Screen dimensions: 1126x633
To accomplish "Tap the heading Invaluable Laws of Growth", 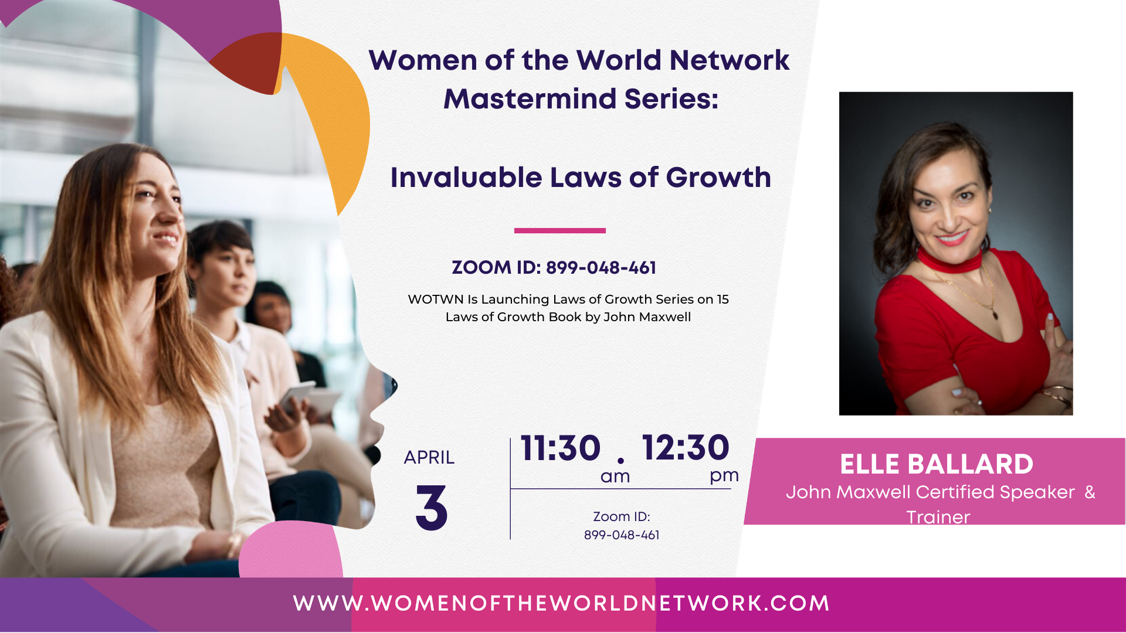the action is coord(581,178).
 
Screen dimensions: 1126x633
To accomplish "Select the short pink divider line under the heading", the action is coord(559,230).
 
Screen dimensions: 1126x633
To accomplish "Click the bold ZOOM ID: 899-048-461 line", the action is coord(554,268).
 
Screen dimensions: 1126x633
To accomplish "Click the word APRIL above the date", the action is coord(429,457).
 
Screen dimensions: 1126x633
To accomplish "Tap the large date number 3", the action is coord(432,508).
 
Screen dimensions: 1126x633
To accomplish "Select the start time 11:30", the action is coord(560,448).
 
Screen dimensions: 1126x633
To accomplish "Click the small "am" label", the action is coord(615,477).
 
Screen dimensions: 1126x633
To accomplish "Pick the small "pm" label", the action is coord(724,476).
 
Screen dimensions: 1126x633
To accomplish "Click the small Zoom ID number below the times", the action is coord(622,535).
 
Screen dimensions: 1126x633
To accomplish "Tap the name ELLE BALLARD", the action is coord(937,464).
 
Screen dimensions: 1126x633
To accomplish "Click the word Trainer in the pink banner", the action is coord(938,517).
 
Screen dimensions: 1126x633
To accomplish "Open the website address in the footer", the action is coord(561,604).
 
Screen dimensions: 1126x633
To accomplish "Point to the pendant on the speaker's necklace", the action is coord(995,314).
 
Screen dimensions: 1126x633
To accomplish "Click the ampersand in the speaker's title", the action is coord(1090,492).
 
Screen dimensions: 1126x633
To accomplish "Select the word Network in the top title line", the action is coord(730,60).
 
